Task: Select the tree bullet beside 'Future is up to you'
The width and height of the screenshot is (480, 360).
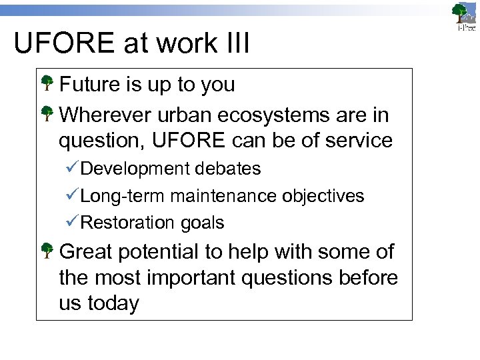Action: (47, 84)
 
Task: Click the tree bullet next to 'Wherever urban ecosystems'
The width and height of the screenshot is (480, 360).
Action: (47, 115)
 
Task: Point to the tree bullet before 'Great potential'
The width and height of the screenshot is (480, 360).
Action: (47, 251)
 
